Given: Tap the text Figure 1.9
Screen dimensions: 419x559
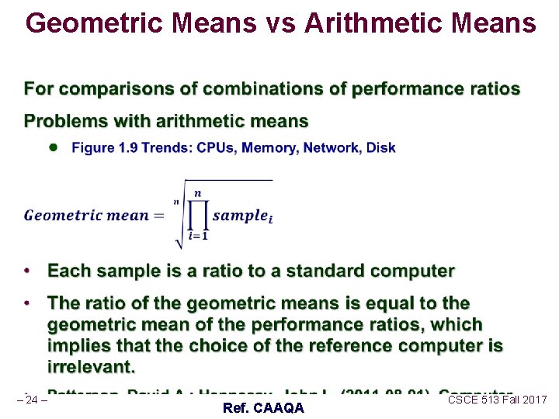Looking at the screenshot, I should (x=99, y=147).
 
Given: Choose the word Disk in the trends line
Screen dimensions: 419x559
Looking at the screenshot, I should (x=380, y=147).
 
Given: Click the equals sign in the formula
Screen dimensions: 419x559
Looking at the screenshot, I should (x=159, y=216).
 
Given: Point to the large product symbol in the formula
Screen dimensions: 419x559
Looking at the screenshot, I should (x=197, y=216).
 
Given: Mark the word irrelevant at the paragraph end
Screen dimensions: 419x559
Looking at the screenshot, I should (x=91, y=365).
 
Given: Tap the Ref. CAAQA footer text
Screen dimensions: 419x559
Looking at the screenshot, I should (x=263, y=408).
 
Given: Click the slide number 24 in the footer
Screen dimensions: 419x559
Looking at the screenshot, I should (x=32, y=400).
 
